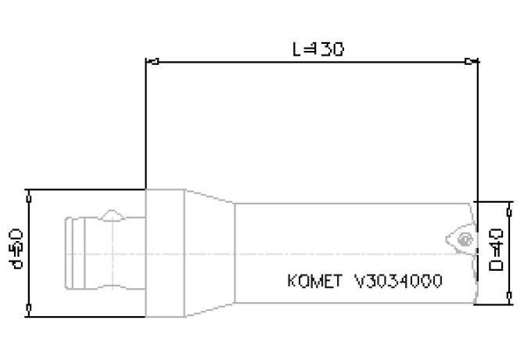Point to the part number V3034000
pos(399,281)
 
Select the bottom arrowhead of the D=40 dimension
pos(509,299)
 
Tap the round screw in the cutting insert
pos(465,239)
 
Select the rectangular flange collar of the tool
pos(165,254)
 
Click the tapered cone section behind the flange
pos(210,254)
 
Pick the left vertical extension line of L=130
pos(146,125)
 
